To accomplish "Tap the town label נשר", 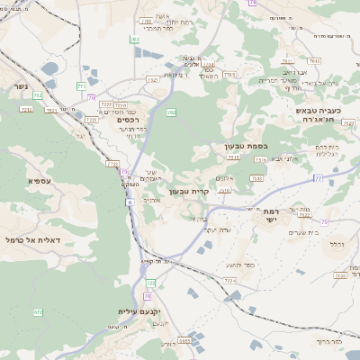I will tap(21, 87).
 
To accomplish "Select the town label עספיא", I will tap(39, 182).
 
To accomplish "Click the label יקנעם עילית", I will tap(139, 311).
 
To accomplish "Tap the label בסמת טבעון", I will tap(247, 146).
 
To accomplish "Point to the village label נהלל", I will tap(337, 244).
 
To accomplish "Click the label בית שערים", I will tap(298, 233).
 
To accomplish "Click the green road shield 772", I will tap(81, 86).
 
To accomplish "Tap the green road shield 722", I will tap(151, 283).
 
